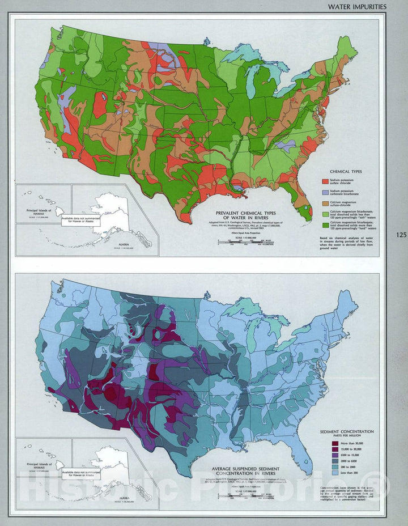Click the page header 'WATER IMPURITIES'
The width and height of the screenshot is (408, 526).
[358, 6]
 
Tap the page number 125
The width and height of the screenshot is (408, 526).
[401, 235]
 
